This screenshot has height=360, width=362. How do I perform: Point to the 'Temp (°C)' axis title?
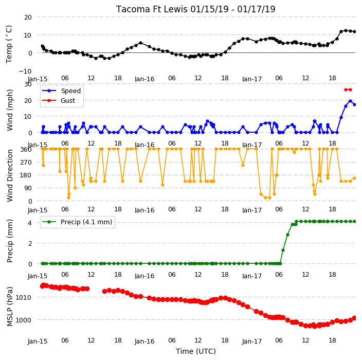pos(9,44)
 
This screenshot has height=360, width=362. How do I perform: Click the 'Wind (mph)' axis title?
pos(9,110)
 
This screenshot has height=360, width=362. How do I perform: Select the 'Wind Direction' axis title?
pos(9,175)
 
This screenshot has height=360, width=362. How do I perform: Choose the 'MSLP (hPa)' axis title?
pos(9,307)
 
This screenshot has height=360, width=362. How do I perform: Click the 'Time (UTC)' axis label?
pos(196,351)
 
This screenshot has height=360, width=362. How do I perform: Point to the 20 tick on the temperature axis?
pos(28,17)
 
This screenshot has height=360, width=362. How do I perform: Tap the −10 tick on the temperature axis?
pos(25,71)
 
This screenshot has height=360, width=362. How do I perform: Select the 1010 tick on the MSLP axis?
pos(23,297)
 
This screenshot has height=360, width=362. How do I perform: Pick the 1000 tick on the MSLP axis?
pos(23,320)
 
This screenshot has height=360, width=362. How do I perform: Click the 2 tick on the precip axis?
pos(30,243)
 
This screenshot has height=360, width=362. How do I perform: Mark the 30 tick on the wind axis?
pos(28,84)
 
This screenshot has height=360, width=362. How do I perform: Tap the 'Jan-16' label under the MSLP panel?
pos(144,341)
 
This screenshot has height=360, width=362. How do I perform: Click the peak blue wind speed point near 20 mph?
pos(350,101)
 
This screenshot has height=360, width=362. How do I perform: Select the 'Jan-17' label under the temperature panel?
pos(252,79)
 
